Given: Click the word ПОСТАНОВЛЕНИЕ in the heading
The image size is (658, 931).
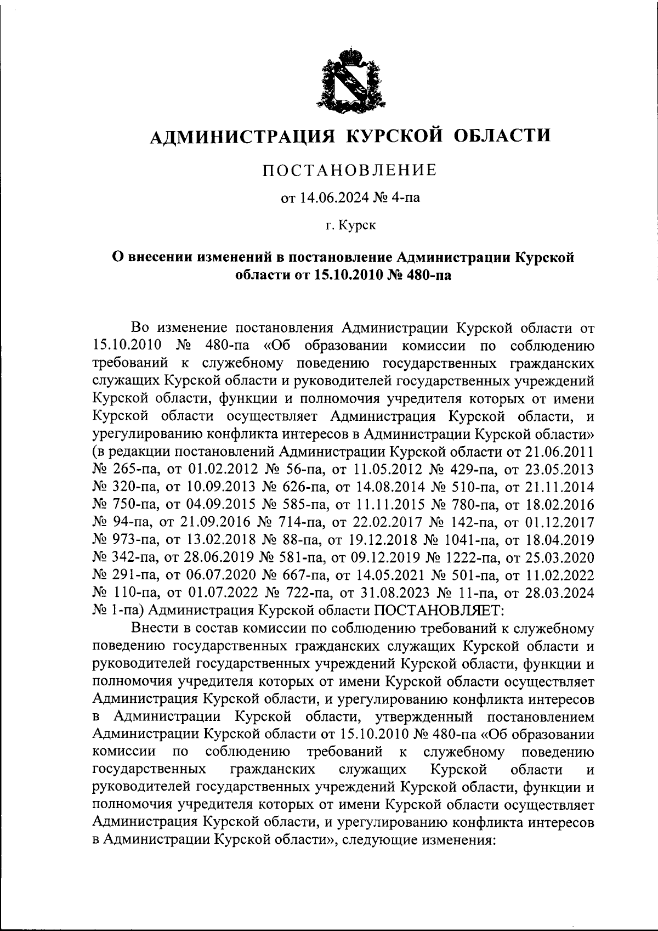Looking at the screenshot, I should click(350, 170).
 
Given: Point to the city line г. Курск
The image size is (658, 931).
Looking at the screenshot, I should click(350, 225).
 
